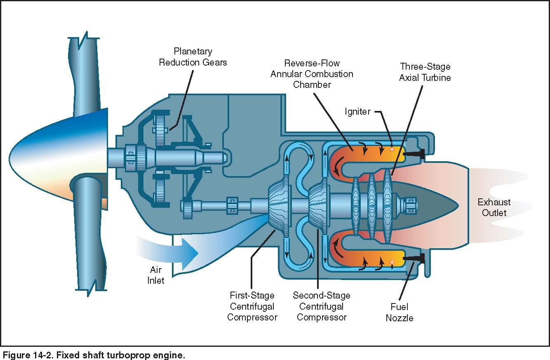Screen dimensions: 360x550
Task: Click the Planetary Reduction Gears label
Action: pos(193,57)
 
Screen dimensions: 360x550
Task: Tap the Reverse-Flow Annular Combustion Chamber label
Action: pos(312,74)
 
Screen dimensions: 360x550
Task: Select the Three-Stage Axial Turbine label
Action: pos(425,72)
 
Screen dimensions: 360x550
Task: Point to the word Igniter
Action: pos(357,112)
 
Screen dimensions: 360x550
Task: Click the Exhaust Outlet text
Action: pos(494,207)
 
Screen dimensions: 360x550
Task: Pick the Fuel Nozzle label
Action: pos(399,312)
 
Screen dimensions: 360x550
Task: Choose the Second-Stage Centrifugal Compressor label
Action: pos(322,306)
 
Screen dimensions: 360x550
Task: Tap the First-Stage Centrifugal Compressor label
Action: pos(252,306)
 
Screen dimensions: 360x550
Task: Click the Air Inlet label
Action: pos(156,275)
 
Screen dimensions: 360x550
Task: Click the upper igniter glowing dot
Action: pos(392,149)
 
